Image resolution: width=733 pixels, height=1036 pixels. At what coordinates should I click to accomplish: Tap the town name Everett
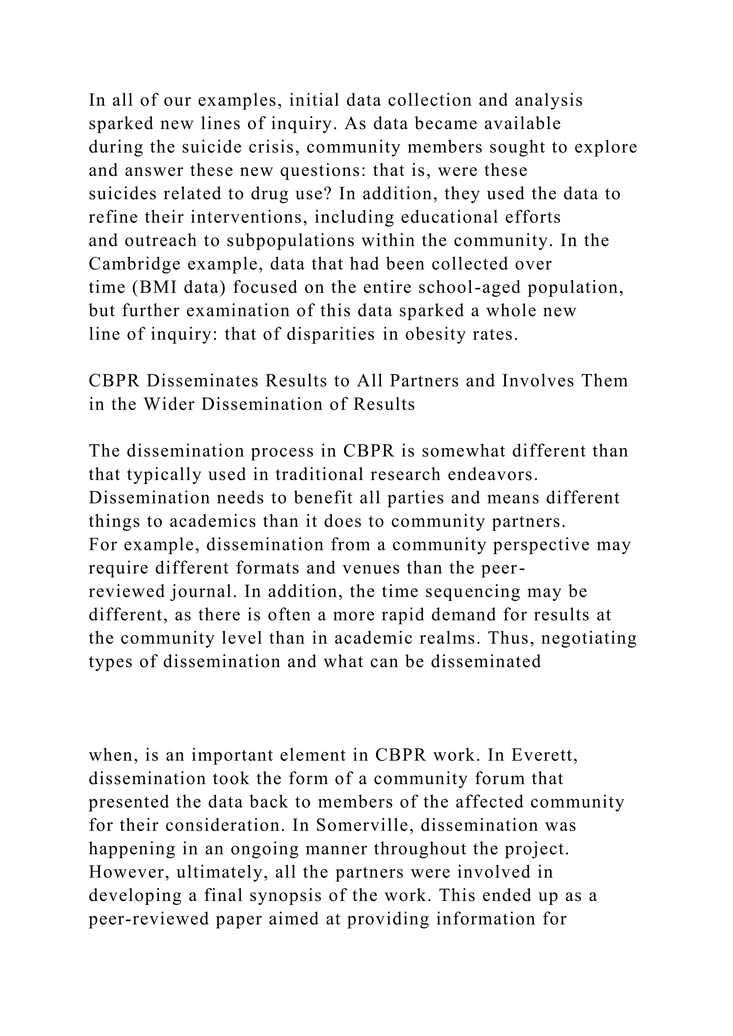(x=544, y=755)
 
